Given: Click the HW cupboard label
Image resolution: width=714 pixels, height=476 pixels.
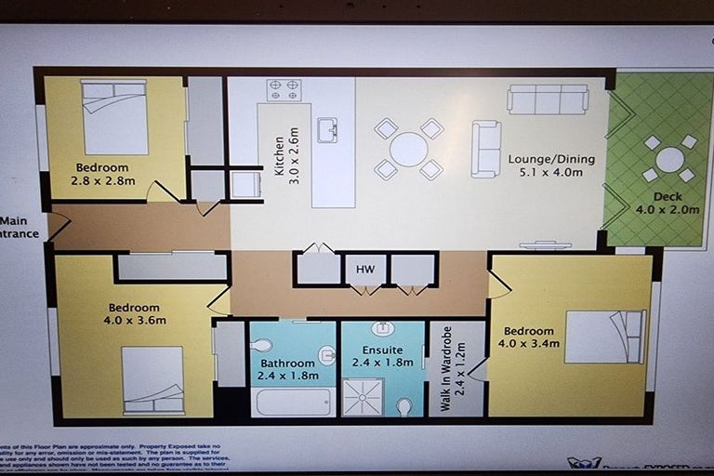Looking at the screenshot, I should click(365, 269).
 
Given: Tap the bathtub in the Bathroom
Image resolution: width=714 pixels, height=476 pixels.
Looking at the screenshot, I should click(293, 402).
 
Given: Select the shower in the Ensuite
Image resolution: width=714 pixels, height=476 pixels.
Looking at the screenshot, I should click(363, 397).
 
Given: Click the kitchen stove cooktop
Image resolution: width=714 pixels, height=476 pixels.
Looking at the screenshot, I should click(284, 90).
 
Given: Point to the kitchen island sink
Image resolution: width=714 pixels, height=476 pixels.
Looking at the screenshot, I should click(327, 130).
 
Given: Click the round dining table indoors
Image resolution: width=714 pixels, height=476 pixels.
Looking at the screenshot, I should click(408, 149).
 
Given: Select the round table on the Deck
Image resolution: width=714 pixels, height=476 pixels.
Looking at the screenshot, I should click(669, 159).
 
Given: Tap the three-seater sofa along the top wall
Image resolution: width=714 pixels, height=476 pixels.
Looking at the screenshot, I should click(548, 99).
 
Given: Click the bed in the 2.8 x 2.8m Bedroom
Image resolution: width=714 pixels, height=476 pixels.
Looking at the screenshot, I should click(114, 117).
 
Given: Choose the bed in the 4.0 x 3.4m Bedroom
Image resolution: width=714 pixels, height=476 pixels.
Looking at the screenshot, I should click(605, 336).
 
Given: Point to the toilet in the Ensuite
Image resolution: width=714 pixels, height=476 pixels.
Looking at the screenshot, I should click(404, 406).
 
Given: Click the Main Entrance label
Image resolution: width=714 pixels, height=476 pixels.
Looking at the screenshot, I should click(19, 227).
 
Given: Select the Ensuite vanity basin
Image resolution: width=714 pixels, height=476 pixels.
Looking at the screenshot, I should click(383, 328).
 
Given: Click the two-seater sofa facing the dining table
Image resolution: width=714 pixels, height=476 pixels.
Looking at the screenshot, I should click(485, 149).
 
